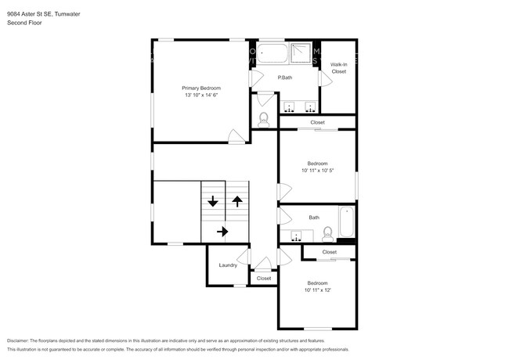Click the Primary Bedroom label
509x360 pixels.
tap(202, 88)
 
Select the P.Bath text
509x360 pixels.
tap(285, 77)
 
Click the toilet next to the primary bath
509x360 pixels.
tap(264, 119)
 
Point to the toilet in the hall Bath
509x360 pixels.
tap(328, 232)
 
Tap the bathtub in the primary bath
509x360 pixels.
tap(274, 53)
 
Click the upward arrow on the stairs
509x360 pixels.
tap(236, 201)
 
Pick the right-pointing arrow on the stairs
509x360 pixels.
tap(224, 231)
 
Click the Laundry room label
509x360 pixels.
tap(228, 265)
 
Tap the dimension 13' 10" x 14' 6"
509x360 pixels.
tap(202, 95)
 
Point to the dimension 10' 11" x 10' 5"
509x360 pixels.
tap(317, 171)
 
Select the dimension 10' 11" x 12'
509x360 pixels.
tap(317, 290)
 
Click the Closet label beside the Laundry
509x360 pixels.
tap(264, 278)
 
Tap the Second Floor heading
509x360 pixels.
tap(24, 23)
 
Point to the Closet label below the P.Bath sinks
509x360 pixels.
tap(317, 123)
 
